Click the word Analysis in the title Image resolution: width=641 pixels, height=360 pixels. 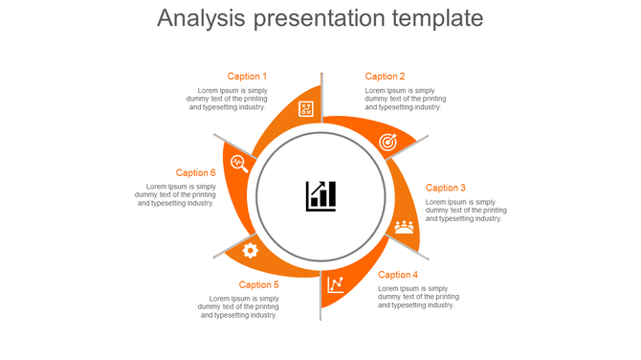(x=200, y=19)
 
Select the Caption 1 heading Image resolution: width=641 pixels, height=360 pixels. (x=247, y=77)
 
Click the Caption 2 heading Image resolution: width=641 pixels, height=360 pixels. (x=385, y=77)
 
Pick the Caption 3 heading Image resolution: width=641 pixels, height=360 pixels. (x=446, y=188)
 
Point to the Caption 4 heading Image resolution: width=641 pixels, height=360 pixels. (x=398, y=275)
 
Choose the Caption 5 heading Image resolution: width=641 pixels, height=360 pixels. (x=259, y=284)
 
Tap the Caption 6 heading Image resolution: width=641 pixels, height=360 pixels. (x=195, y=173)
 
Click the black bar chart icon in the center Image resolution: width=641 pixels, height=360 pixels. (x=320, y=195)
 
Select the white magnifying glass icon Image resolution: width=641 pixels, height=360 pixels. (x=239, y=163)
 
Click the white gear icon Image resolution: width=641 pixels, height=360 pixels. (x=250, y=251)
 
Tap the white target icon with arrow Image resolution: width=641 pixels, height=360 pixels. (x=387, y=142)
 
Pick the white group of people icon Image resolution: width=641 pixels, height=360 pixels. (x=405, y=227)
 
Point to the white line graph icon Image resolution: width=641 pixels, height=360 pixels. (x=336, y=284)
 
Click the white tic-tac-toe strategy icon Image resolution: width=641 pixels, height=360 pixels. (x=305, y=109)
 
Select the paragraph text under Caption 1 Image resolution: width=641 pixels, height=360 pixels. (x=227, y=99)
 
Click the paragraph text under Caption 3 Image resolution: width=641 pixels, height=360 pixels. (x=466, y=211)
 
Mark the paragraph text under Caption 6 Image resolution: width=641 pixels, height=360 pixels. (x=175, y=194)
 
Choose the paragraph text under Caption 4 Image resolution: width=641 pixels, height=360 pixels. (x=418, y=297)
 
